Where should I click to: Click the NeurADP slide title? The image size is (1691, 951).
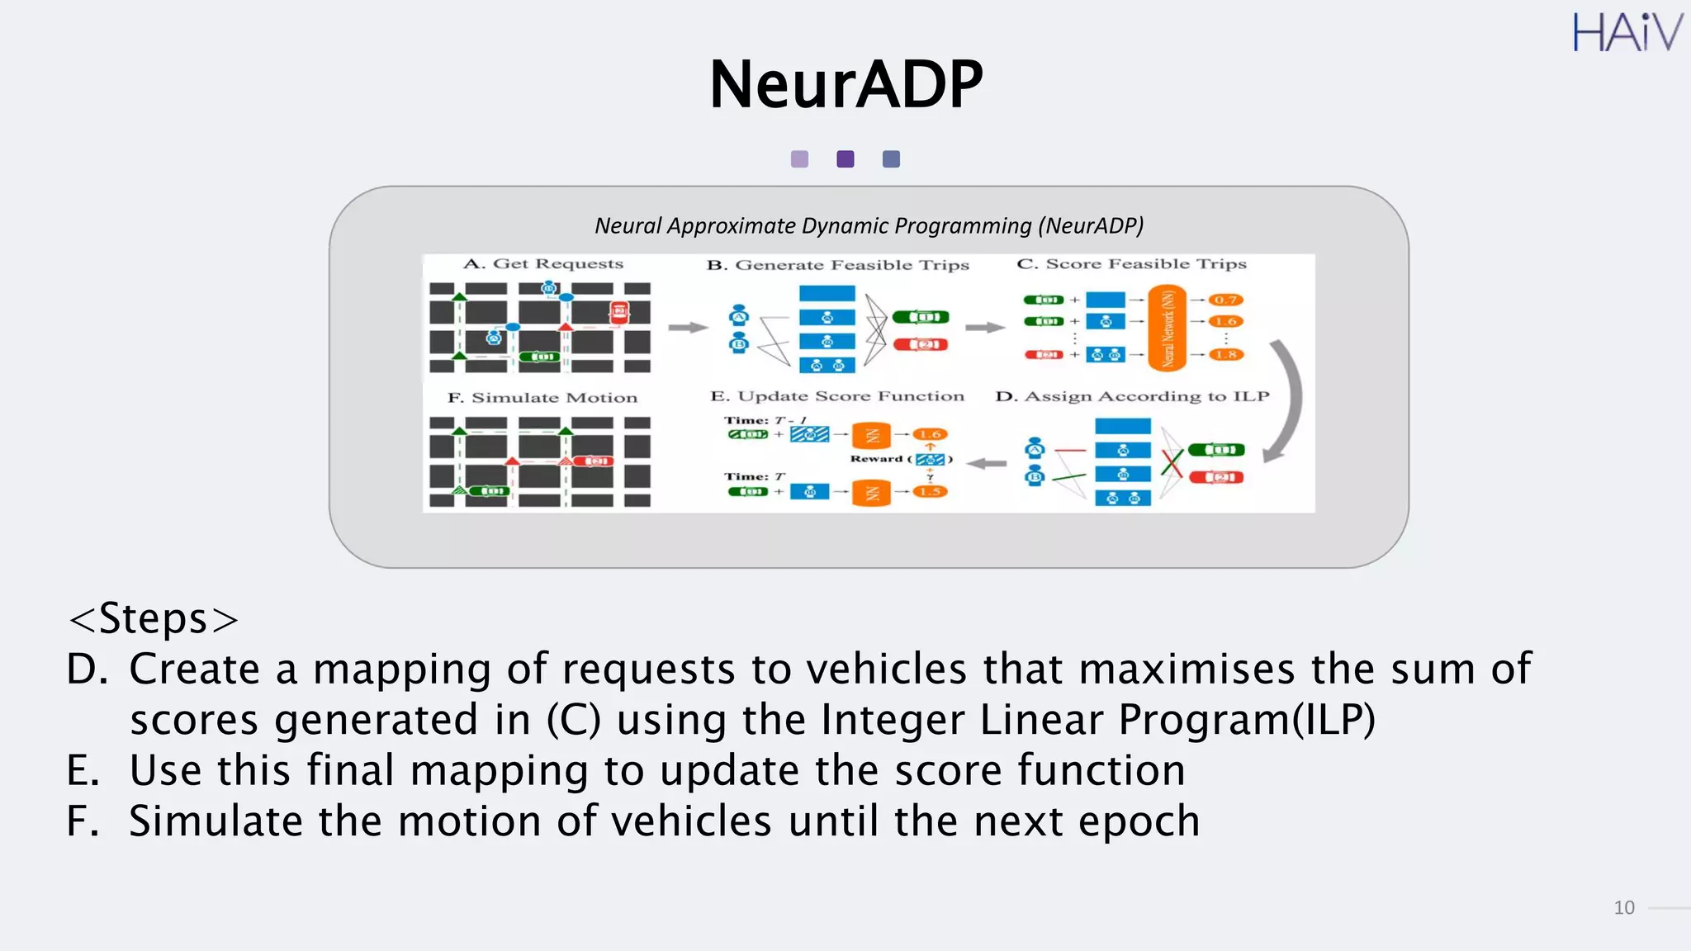coord(845,84)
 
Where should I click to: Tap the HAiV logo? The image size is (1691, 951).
coord(1626,33)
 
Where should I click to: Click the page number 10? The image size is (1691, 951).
coord(1623,908)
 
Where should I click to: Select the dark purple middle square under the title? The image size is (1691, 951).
coord(845,159)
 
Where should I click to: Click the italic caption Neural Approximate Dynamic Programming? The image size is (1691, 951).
coord(869,225)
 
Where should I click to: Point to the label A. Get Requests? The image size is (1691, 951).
coord(542,264)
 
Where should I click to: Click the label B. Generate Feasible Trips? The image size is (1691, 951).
coord(837,265)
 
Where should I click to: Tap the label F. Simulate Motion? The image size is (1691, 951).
coord(542,398)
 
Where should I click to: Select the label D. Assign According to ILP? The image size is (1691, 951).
coord(1132,397)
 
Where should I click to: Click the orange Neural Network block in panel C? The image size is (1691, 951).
coord(1167,328)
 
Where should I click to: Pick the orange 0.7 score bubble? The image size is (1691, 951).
coord(1225,300)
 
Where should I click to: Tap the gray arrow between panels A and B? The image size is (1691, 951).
coord(687,328)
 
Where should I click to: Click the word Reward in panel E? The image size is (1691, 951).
coord(876,459)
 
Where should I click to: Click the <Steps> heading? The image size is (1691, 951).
coord(154,619)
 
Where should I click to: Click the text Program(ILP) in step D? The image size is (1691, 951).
coord(1247,720)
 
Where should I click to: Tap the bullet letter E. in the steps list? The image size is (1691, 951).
coord(83,771)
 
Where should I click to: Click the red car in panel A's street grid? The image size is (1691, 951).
coord(618,312)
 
